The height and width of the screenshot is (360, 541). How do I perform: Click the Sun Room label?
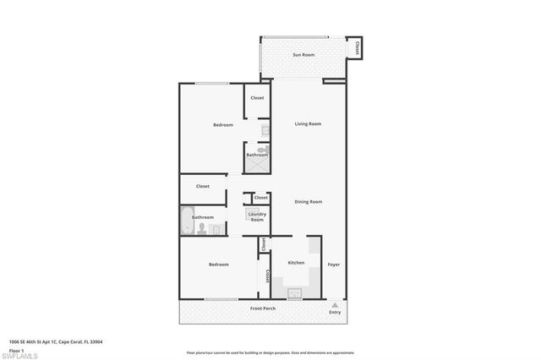click(x=303, y=55)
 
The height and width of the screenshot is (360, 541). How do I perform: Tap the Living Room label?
click(x=308, y=124)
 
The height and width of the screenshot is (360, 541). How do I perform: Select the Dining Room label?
click(x=308, y=201)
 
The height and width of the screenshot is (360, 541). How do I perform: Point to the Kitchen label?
click(x=296, y=263)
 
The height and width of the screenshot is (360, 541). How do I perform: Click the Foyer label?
click(x=335, y=264)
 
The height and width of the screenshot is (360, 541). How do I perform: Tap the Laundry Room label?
click(x=257, y=216)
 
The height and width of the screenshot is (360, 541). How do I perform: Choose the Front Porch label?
click(x=263, y=308)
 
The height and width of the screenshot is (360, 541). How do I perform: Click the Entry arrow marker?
click(x=335, y=304)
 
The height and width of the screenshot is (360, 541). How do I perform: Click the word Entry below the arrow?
click(x=335, y=314)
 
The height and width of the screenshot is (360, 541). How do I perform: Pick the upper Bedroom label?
click(x=223, y=125)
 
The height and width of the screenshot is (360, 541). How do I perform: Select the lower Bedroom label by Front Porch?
click(x=219, y=265)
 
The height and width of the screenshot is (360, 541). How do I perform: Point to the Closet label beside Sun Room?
click(x=358, y=48)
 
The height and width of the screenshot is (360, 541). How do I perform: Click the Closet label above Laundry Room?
click(x=261, y=197)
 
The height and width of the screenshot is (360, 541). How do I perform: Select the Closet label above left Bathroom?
click(x=203, y=186)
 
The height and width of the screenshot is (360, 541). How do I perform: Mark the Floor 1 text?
click(x=17, y=349)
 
